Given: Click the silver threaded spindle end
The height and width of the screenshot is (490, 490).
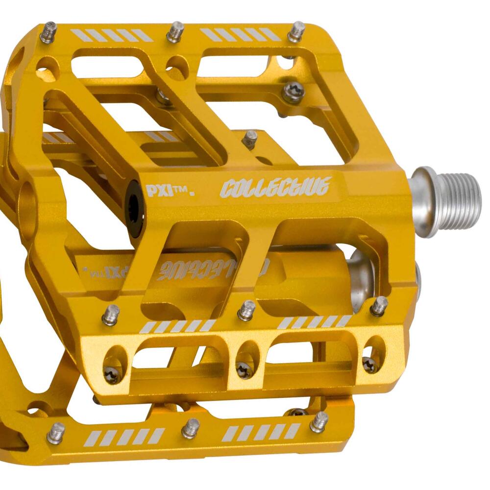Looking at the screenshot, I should (x=451, y=201).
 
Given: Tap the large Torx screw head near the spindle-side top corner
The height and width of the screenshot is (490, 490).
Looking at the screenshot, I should (x=293, y=92).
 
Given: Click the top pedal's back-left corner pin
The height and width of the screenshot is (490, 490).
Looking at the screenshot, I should (x=48, y=32).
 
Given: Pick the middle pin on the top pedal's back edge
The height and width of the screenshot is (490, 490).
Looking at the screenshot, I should (x=175, y=32).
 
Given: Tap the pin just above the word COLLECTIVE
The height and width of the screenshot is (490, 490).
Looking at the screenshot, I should (x=250, y=139).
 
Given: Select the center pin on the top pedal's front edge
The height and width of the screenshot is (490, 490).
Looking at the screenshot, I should (x=246, y=310).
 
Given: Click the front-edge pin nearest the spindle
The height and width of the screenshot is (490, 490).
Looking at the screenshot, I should (x=378, y=306).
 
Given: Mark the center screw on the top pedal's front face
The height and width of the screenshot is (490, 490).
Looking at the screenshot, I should (x=244, y=370).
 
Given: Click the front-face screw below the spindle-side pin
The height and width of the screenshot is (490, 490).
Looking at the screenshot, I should (x=369, y=364).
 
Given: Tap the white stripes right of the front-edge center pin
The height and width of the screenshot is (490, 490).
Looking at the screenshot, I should (x=314, y=322).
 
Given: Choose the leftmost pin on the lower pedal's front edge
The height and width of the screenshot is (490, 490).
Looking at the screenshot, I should (x=56, y=433).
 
